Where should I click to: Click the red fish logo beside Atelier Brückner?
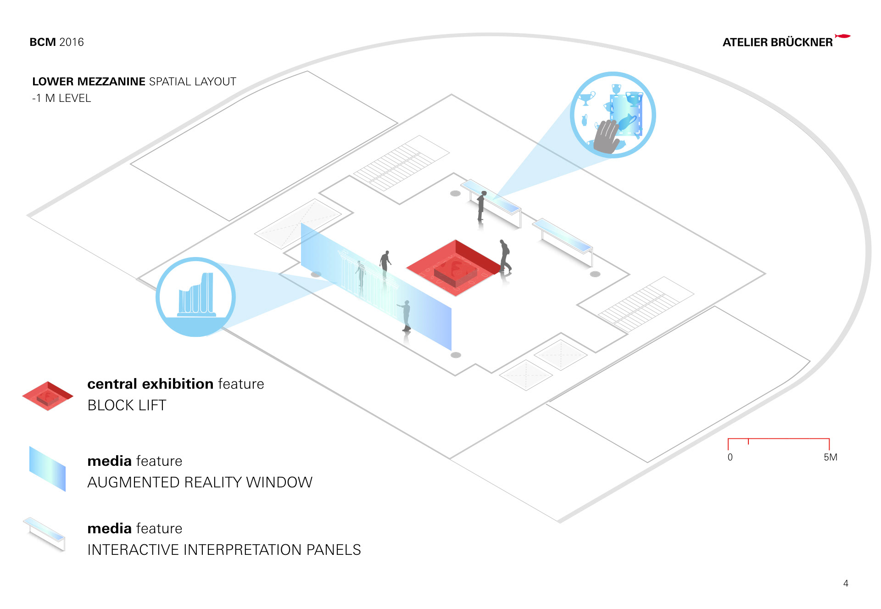click(x=842, y=36)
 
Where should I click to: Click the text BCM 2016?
click(x=56, y=42)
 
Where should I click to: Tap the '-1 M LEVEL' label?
click(x=61, y=98)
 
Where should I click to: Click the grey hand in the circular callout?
click(x=607, y=137)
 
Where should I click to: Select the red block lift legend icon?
click(x=48, y=396)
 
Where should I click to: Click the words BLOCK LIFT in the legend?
click(x=127, y=405)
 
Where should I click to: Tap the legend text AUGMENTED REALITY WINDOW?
click(x=200, y=482)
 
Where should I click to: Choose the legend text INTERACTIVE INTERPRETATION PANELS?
click(x=224, y=550)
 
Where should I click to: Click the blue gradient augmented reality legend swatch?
click(x=47, y=468)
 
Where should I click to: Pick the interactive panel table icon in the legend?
click(x=45, y=534)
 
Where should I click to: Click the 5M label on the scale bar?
click(x=830, y=457)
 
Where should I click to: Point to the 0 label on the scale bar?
click(x=730, y=457)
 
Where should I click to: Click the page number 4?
click(x=846, y=583)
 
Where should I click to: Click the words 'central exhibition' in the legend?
click(x=150, y=384)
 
